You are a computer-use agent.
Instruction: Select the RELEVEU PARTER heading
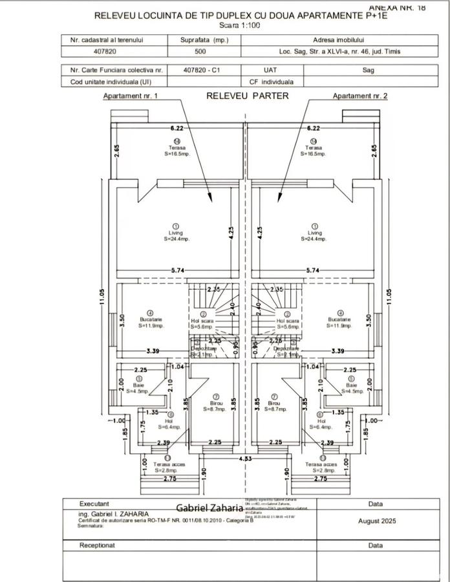pos(247,96)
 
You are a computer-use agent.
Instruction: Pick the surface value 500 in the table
pos(200,51)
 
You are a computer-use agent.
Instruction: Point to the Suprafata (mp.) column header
pos(200,40)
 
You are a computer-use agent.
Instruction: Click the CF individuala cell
pos(271,82)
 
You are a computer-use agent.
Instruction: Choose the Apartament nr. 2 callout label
pos(360,96)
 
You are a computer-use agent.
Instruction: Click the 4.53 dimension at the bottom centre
pos(244,458)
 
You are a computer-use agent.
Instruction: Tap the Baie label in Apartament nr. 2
pos(351,385)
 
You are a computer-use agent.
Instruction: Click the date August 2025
pos(375,521)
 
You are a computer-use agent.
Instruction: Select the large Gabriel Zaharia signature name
pos(209,509)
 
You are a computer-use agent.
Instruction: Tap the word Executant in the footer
pos(94,503)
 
